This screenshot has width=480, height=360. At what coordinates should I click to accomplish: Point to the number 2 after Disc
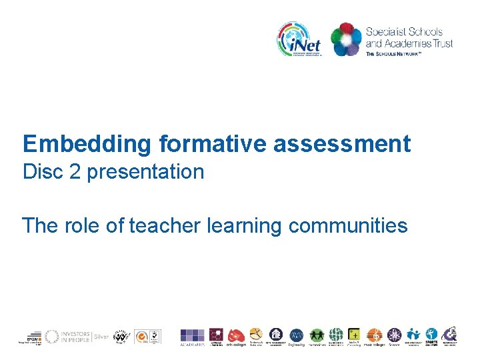tap(70, 172)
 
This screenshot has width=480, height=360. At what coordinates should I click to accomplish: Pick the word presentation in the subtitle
tap(145, 172)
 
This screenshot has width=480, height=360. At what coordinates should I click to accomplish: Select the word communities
tap(348, 226)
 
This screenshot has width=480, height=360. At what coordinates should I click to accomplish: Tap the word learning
tap(245, 226)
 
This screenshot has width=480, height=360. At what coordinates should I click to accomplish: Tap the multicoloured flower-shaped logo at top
tap(346, 39)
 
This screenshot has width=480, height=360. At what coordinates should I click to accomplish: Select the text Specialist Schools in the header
tap(404, 31)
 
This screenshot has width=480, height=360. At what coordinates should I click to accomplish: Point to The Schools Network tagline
tap(393, 54)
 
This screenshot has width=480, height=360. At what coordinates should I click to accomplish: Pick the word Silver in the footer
tap(101, 337)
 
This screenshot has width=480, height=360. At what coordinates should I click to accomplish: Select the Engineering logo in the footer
tap(296, 336)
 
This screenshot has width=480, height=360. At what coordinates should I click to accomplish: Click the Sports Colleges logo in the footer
tap(431, 336)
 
